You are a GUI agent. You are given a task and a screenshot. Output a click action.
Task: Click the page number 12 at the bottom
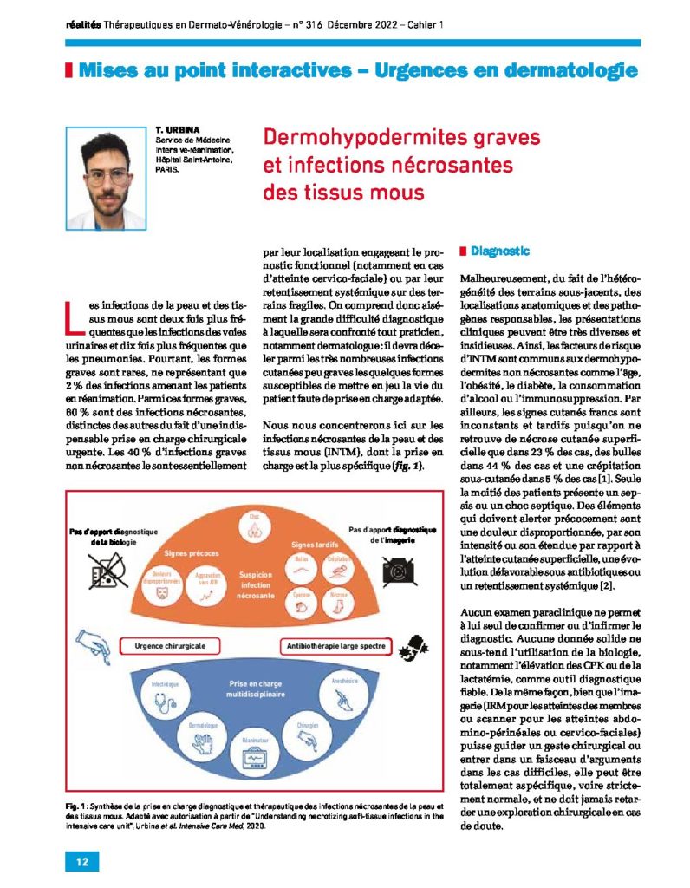pyautogui.click(x=81, y=861)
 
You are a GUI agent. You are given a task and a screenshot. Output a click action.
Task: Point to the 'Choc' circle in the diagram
pyautogui.click(x=255, y=520)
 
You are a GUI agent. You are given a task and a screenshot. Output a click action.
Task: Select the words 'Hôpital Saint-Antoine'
pyautogui.click(x=194, y=160)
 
